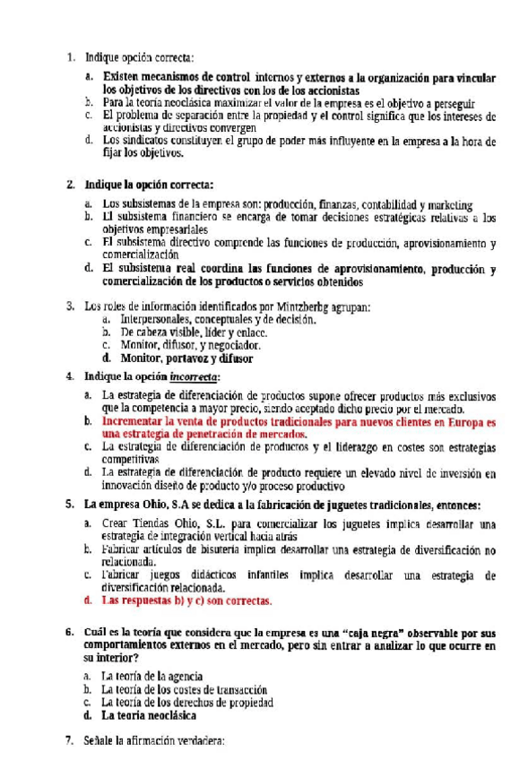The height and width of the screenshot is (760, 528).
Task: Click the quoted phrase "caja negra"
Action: pos(352,633)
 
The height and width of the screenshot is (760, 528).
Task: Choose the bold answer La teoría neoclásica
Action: pos(149,716)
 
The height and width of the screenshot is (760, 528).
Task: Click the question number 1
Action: pos(70,58)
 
